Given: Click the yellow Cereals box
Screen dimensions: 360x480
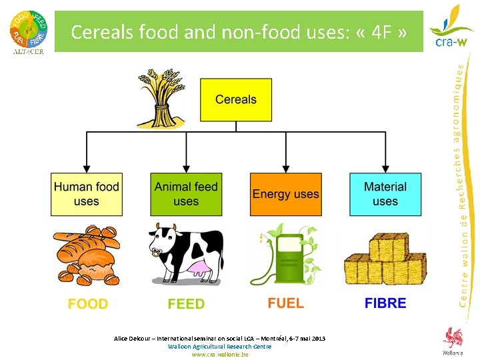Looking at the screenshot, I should tap(236, 100).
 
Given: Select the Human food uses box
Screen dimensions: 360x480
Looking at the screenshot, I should tap(87, 194).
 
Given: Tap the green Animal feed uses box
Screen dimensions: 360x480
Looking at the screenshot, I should tap(186, 194).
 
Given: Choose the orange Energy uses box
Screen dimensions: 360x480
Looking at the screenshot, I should tap(285, 194).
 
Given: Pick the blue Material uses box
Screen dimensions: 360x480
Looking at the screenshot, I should tap(385, 194).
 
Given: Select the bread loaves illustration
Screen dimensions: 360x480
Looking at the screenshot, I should tap(87, 257).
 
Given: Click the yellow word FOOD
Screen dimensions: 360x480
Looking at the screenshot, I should tap(87, 304).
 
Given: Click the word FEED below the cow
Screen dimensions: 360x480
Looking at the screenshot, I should tap(186, 304).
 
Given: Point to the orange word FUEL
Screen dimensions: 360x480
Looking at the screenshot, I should tap(285, 303).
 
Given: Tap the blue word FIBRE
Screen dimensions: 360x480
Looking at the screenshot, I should tap(385, 303).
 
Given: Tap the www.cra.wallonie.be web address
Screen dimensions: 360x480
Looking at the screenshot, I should tap(219, 355).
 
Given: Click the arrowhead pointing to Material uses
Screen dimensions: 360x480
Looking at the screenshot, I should tap(385, 169).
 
